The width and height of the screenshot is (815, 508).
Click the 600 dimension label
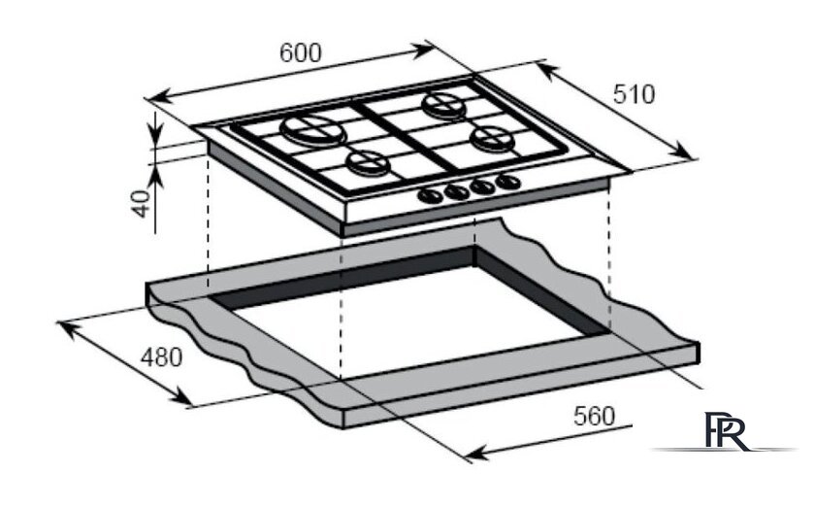pos(301,52)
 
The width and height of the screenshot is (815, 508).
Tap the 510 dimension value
pos(635,94)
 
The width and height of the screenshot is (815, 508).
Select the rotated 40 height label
pos(141,204)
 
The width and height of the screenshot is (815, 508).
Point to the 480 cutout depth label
pos(162,357)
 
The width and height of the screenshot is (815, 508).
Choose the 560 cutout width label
pos(594,416)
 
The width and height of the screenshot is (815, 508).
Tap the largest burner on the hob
pos(313,131)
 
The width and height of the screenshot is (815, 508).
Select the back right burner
pos(443,104)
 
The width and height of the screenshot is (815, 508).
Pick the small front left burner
pos(369,163)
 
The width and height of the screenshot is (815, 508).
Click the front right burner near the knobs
pos(492,138)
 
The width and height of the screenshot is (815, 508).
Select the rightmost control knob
pos(507,182)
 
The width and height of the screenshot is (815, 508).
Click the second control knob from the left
pos(456,191)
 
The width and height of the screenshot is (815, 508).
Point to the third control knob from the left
pos(482,186)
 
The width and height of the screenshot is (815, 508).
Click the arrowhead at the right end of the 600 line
pos(423,51)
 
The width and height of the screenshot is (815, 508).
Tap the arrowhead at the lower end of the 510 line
pos(681,151)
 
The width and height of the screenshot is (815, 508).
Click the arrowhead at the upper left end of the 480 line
pos(68,329)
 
